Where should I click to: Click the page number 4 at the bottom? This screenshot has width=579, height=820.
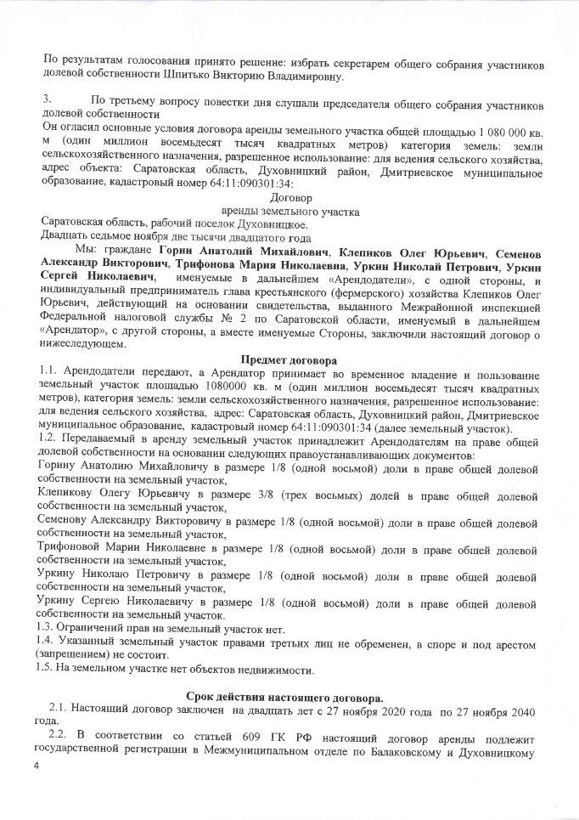pos(37,766)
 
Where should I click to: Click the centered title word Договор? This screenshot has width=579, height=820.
pos(289,197)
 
